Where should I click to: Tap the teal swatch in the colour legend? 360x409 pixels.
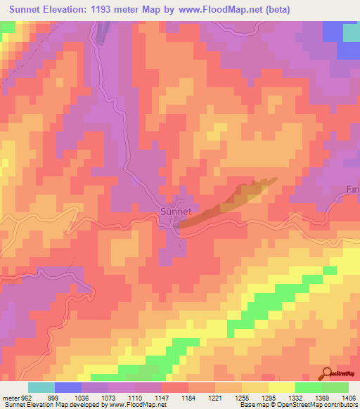41,387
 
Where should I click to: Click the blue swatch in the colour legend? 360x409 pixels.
67,387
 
